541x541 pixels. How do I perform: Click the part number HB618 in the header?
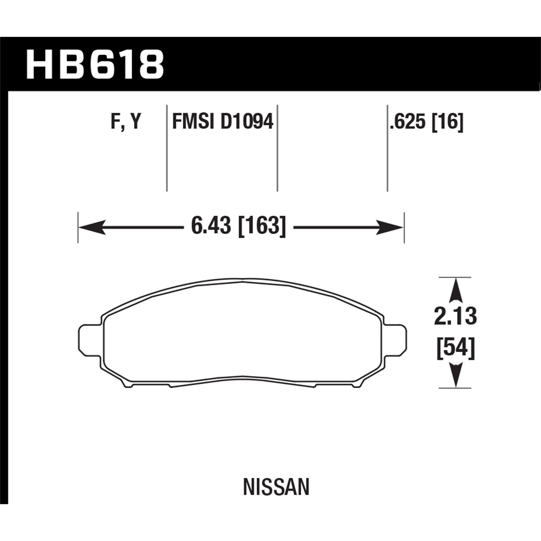click(94, 65)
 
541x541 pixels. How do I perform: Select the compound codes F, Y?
click(125, 122)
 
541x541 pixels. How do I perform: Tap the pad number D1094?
click(247, 122)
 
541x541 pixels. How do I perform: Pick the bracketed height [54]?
click(456, 348)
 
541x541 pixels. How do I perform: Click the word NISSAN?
click(276, 488)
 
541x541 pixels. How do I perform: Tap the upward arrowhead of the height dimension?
click(456, 290)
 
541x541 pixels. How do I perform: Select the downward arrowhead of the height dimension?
click(456, 375)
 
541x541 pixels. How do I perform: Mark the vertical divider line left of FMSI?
click(167, 148)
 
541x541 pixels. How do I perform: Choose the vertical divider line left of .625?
click(387, 148)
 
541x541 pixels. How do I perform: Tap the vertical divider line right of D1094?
click(277, 148)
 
